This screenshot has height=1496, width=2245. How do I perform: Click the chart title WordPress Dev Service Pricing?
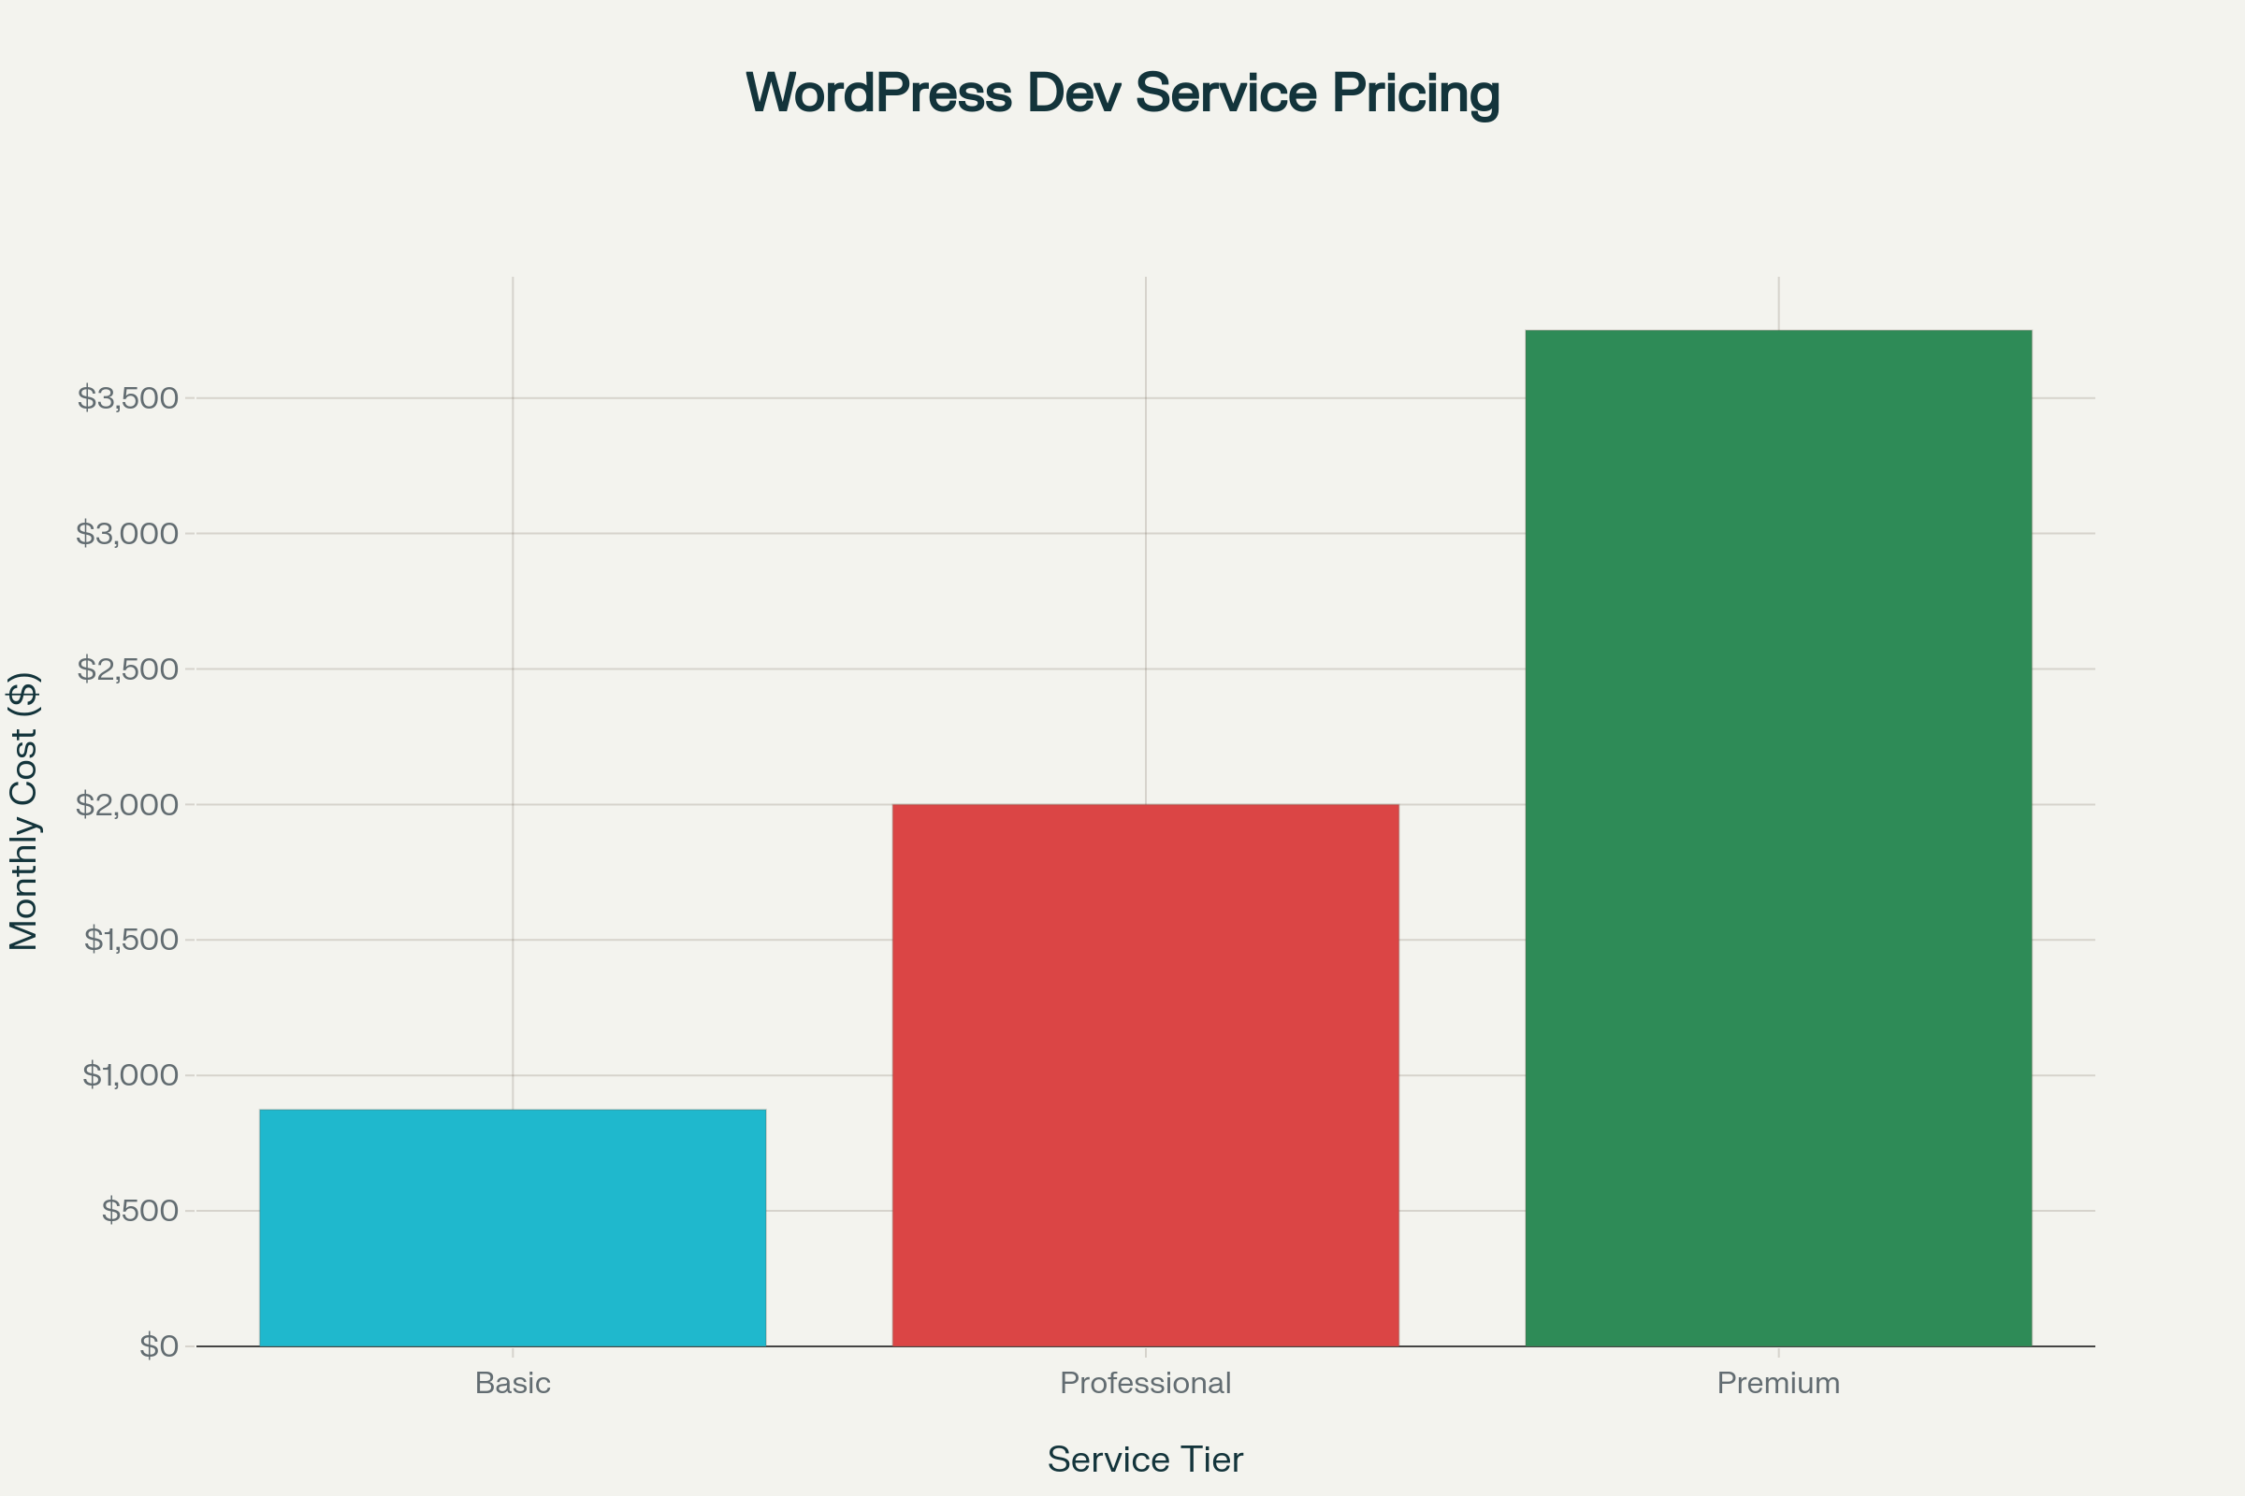[x=1122, y=93]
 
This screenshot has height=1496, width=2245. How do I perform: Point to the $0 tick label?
[x=158, y=1346]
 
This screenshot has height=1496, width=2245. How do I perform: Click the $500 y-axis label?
[x=140, y=1211]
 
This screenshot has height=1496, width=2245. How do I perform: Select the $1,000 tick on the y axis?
[x=131, y=1075]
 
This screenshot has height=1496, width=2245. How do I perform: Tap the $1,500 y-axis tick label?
[x=131, y=940]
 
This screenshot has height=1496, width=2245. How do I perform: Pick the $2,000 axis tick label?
[x=128, y=804]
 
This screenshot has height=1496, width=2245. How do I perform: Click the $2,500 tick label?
[x=128, y=669]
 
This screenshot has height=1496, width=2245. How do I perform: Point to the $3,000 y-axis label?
[x=128, y=533]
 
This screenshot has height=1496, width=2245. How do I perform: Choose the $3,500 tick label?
[x=128, y=398]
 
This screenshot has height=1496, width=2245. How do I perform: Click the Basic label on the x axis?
[x=513, y=1384]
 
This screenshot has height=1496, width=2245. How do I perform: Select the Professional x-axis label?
[x=1145, y=1384]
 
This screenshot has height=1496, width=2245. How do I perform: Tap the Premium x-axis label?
[x=1778, y=1384]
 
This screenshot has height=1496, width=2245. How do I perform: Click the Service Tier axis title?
[x=1145, y=1460]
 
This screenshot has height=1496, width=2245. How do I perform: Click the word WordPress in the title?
[x=878, y=93]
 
